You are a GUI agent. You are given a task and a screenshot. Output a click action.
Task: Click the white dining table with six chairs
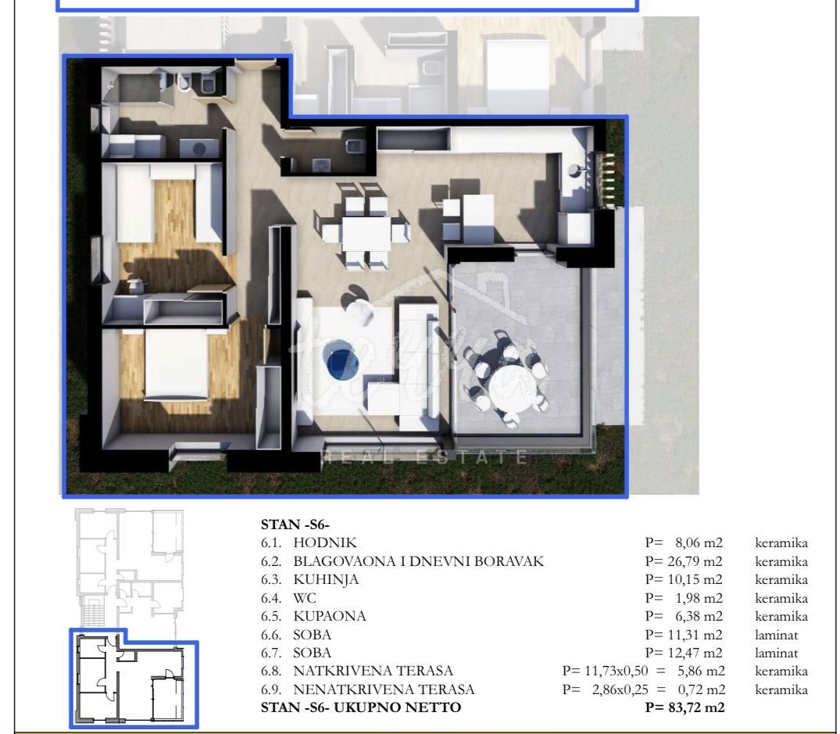tap(366, 234)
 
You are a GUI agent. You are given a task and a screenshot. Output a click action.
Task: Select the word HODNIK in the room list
tap(324, 542)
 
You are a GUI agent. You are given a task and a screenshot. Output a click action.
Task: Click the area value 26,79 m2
tap(699, 561)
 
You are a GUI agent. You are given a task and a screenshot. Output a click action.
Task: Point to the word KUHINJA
tap(326, 580)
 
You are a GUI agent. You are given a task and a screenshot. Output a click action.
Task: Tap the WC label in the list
tap(305, 598)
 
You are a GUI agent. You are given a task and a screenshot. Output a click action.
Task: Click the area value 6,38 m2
tap(699, 616)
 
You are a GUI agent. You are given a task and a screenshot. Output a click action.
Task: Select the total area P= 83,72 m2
tap(685, 707)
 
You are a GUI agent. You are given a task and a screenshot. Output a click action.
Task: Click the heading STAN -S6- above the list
tap(295, 525)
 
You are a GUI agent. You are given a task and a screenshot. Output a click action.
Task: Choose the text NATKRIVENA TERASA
tap(373, 671)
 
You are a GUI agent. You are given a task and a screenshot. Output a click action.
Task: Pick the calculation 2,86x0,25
tap(620, 689)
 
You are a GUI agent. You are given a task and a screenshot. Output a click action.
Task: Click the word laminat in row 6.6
tap(776, 635)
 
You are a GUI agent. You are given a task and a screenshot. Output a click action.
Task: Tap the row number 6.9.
tap(271, 689)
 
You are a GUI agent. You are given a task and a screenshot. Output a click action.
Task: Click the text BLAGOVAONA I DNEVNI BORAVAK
tap(418, 561)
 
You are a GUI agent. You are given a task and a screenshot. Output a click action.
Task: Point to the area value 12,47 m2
tap(699, 653)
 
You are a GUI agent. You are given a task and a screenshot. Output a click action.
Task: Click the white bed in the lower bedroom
tap(177, 364)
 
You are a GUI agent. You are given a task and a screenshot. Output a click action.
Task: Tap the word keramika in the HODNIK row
tap(781, 542)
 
